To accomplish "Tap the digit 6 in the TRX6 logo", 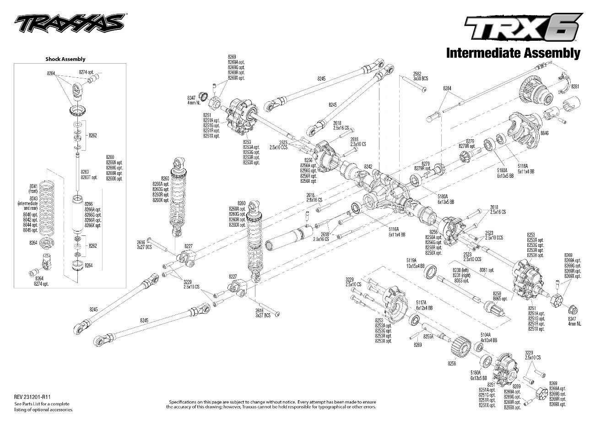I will [x=564, y=28].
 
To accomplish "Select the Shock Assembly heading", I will [x=65, y=59].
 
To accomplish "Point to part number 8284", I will [x=447, y=88].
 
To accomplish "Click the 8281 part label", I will [x=575, y=87].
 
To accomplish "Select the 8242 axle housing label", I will [x=368, y=167].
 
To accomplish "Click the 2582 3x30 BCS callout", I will [x=420, y=76].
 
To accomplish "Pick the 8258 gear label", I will [x=452, y=363].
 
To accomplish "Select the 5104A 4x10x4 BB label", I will [x=488, y=338].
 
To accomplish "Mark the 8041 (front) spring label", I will [x=33, y=188].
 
